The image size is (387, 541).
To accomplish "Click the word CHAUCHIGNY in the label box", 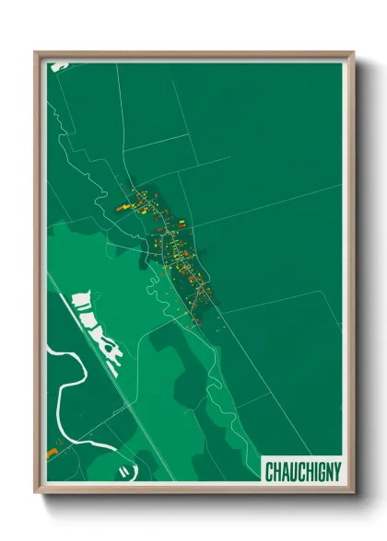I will (x=303, y=472).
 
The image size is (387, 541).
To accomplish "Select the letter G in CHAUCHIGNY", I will (x=317, y=472).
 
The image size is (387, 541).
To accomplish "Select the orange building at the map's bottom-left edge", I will (x=53, y=453).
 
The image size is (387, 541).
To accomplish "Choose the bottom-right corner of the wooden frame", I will (x=352, y=493).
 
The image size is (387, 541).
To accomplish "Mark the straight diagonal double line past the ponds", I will (x=138, y=405).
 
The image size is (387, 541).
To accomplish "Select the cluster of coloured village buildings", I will (x=175, y=244).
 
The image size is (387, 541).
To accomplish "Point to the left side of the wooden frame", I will (x=39, y=276).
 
